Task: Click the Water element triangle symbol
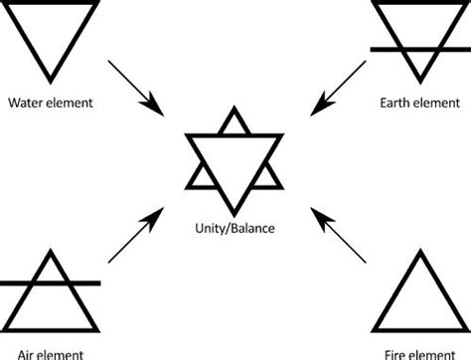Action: click(55, 35)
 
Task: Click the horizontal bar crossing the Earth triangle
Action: click(416, 48)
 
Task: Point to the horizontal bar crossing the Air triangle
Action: click(50, 283)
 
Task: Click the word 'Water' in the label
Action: click(25, 102)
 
